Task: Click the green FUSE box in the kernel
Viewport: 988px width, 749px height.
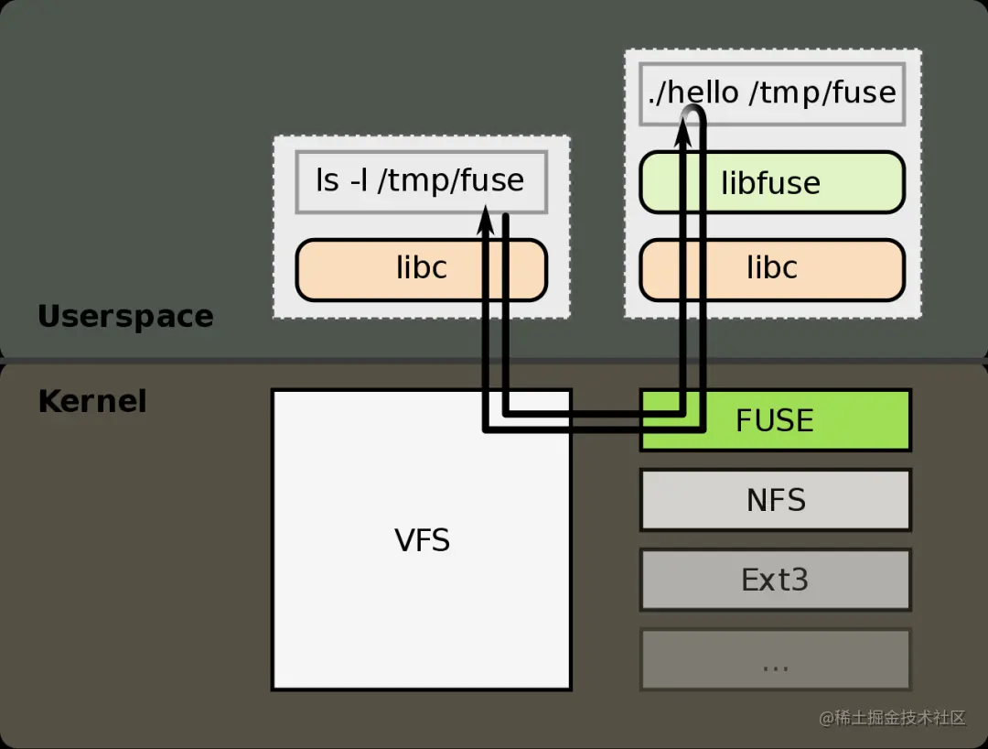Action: click(x=776, y=420)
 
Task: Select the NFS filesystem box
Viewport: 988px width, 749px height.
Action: click(x=776, y=500)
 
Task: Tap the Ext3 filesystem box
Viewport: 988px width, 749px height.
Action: click(x=776, y=580)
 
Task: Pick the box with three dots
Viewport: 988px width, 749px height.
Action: click(x=776, y=659)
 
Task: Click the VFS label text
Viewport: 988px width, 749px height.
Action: click(x=422, y=540)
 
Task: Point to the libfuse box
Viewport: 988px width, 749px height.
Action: click(x=772, y=182)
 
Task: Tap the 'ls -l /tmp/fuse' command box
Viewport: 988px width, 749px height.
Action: click(x=422, y=182)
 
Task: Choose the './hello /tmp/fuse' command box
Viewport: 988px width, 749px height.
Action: click(x=772, y=93)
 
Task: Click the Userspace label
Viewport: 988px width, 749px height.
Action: click(x=125, y=317)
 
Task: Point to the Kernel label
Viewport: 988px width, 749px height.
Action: click(x=92, y=401)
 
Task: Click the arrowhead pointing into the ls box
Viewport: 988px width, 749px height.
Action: click(x=485, y=221)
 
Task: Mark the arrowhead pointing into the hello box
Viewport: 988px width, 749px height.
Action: click(x=683, y=131)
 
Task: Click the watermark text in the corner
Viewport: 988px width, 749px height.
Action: click(x=892, y=718)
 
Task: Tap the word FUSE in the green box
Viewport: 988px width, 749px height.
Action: click(x=775, y=420)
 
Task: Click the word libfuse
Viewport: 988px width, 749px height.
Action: click(x=770, y=183)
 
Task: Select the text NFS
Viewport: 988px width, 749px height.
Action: click(x=776, y=500)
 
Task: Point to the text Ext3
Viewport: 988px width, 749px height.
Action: click(x=775, y=580)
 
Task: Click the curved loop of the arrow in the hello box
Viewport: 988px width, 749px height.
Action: click(x=693, y=113)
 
